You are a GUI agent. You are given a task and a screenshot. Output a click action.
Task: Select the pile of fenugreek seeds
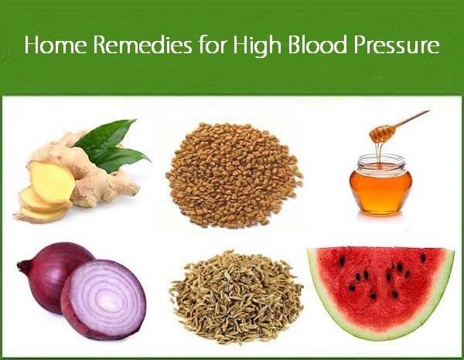point(234,175)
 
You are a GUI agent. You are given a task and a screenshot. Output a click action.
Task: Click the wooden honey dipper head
point(382,132)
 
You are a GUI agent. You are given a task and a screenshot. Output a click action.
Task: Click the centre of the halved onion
point(104,298)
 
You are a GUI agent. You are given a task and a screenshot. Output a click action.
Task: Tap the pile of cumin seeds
point(237,297)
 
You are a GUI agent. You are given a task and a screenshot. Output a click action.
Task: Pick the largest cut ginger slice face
point(52,182)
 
